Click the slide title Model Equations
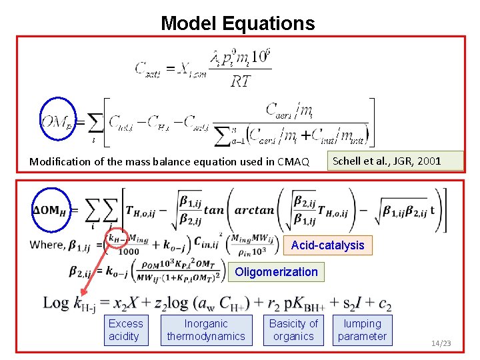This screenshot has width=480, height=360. (x=237, y=23)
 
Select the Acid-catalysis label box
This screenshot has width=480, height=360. (x=327, y=245)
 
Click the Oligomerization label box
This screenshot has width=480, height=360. (x=276, y=271)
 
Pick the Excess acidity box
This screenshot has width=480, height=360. (x=125, y=330)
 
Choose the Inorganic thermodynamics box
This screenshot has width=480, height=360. (x=206, y=330)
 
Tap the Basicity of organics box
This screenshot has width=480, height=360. (x=293, y=330)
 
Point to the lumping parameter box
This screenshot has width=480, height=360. (x=362, y=330)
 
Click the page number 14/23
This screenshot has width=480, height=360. (x=441, y=343)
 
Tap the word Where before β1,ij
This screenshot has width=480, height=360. (x=48, y=245)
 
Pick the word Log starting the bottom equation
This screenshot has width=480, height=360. (x=55, y=303)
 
